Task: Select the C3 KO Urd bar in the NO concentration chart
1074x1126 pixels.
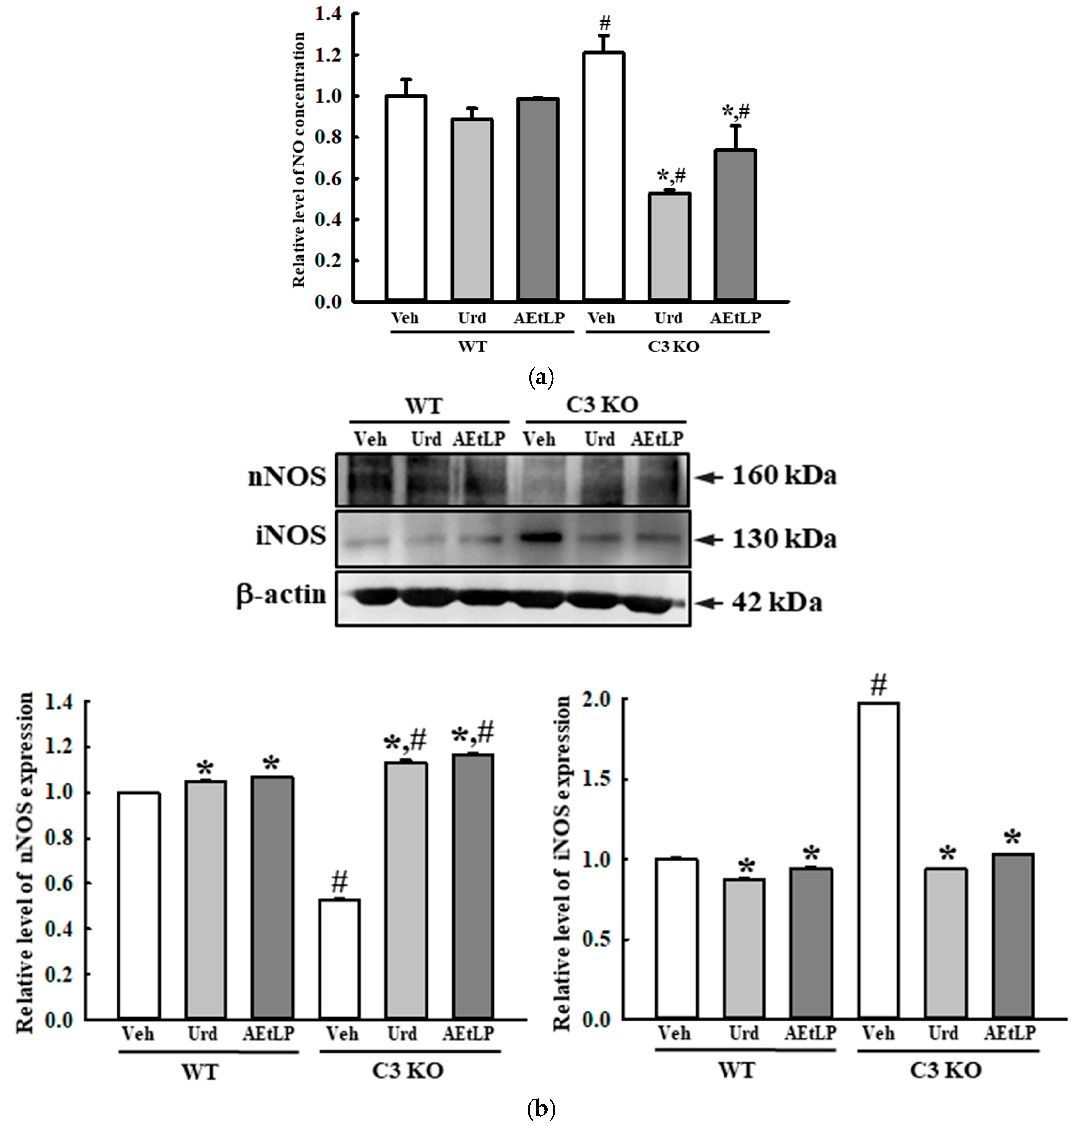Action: (x=669, y=246)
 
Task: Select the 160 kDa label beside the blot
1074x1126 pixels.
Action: (x=784, y=475)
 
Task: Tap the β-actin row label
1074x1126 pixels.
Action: (x=281, y=596)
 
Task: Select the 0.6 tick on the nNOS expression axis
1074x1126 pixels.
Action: (x=59, y=884)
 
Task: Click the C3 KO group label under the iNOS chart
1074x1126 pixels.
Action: (x=945, y=1070)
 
